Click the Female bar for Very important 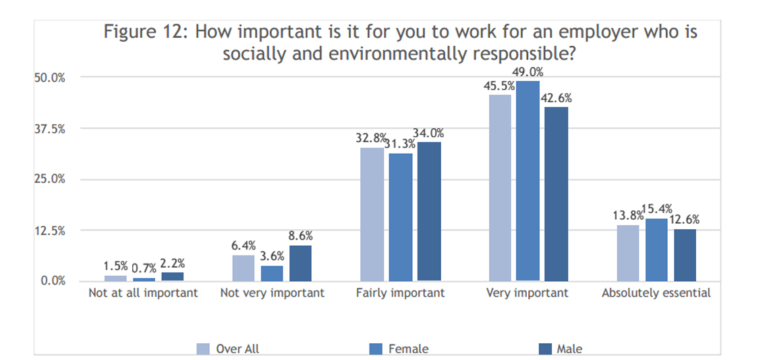pos(528,181)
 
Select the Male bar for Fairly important pos(429,212)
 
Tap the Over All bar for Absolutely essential pos(628,253)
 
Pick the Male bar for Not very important pos(300,264)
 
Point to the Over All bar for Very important pos(500,188)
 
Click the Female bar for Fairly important pos(401,217)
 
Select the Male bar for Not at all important pos(172,276)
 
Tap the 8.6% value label pos(300,235)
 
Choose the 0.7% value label pos(144,268)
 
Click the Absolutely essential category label pos(656,293)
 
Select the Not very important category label pos(273,293)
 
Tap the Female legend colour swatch pos(374,349)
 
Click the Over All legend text pos(237,349)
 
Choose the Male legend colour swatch pos(544,349)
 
